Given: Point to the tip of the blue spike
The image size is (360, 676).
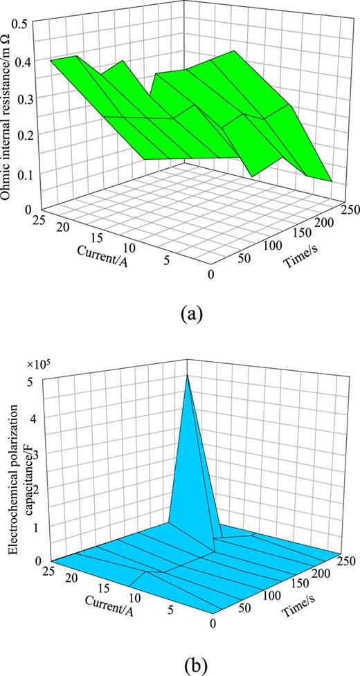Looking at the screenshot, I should click(187, 375).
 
